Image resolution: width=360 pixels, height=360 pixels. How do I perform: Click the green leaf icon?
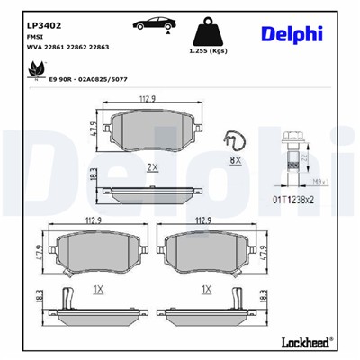(x=39, y=67)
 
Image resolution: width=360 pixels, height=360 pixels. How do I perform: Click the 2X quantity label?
(x=152, y=168)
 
